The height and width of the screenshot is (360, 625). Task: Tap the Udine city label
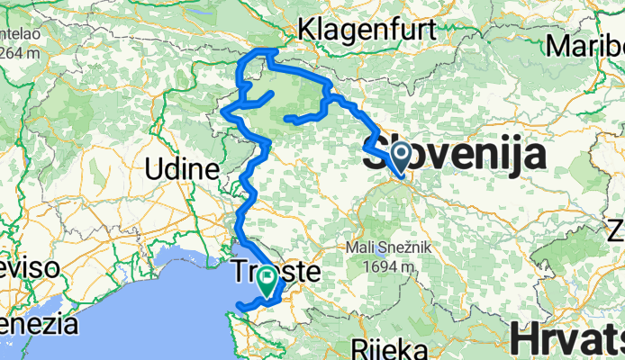coord(183,169)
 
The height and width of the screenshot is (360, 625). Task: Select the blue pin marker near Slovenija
coord(399,156)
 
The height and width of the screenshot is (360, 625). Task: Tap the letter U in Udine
coord(156,169)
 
